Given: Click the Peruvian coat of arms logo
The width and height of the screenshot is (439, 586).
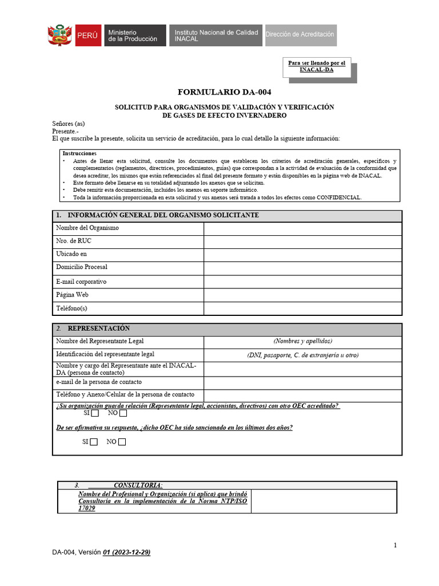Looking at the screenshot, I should tap(59, 35).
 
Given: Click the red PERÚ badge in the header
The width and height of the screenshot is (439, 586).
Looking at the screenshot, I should tap(87, 35).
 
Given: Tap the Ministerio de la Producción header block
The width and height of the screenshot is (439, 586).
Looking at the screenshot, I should tap(135, 35).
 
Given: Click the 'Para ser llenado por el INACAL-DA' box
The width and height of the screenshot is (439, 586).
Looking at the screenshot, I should tap(317, 66).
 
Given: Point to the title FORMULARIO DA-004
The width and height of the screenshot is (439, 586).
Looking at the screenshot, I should tap(224, 92).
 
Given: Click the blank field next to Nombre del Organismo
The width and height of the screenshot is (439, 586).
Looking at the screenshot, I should tap(302, 228).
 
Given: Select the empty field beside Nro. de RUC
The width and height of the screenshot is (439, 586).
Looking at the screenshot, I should tap(302, 241).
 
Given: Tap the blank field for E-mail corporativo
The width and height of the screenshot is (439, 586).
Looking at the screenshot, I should tap(302, 282).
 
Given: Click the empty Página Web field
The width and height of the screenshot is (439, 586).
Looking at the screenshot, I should tap(302, 295).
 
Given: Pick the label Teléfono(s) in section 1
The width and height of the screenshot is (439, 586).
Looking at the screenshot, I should tap(71, 308).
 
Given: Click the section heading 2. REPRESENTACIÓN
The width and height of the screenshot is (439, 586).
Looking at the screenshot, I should tap(98, 328).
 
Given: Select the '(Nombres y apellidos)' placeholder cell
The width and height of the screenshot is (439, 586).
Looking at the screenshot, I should tap(302, 342).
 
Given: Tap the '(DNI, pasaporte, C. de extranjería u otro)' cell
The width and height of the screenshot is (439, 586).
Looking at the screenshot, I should tap(302, 355).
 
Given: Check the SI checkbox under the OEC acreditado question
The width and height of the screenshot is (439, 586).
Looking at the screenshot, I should tap(95, 413).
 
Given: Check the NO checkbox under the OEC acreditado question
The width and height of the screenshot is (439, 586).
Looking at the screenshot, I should tap(123, 413).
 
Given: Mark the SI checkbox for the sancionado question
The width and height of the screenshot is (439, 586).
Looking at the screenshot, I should tap(94, 442).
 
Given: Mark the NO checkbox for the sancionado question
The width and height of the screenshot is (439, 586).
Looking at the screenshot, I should tap(122, 442).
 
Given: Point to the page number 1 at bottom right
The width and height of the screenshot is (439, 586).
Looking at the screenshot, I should tap(395, 545).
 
